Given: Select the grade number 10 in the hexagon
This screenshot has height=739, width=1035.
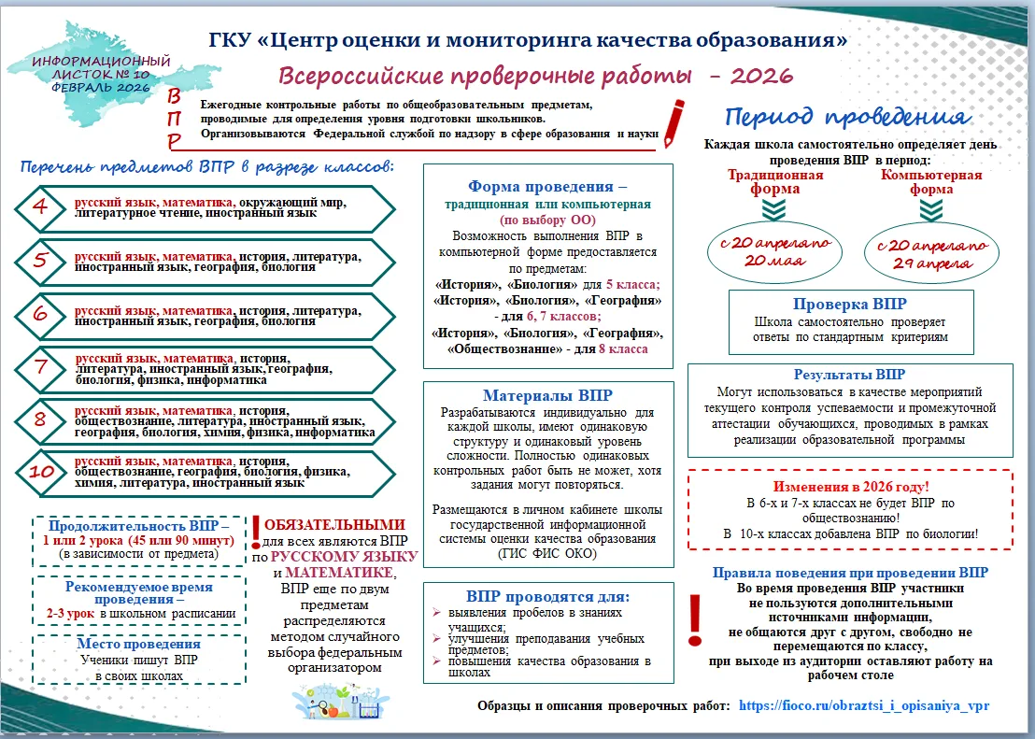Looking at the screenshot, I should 41,472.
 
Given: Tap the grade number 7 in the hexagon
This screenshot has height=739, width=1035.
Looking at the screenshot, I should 41,366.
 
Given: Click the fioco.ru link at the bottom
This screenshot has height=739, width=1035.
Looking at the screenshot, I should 863,705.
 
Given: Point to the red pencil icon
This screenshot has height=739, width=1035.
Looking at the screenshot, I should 673,120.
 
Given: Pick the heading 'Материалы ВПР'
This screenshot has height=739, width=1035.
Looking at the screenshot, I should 547,396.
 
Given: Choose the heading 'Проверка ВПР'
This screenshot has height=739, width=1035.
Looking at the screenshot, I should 849,305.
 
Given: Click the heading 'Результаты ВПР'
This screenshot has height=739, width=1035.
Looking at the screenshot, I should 849,374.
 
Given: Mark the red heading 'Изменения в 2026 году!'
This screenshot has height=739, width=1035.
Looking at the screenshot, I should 850,487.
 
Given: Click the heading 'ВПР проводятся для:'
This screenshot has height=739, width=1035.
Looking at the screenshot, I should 547,596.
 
